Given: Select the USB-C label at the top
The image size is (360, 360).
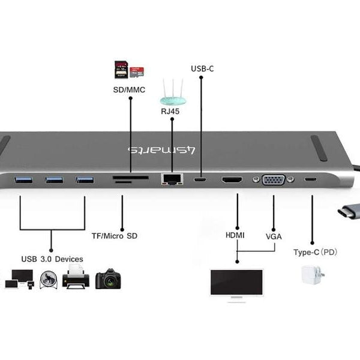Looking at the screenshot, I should pos(202,68).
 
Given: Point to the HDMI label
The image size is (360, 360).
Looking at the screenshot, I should pos(235,235).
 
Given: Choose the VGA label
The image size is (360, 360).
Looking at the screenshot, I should pos(274,236).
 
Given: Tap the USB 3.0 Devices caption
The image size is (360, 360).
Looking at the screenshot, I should pos(52,259).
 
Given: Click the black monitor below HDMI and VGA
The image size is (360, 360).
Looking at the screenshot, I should pos(236,283).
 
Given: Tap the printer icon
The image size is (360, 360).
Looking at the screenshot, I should pos(76,279).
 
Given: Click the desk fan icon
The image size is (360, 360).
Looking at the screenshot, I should pos(48,279).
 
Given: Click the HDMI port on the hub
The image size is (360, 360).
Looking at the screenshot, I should pos(232,179).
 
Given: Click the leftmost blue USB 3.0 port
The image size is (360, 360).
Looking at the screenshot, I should pos(21,179).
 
